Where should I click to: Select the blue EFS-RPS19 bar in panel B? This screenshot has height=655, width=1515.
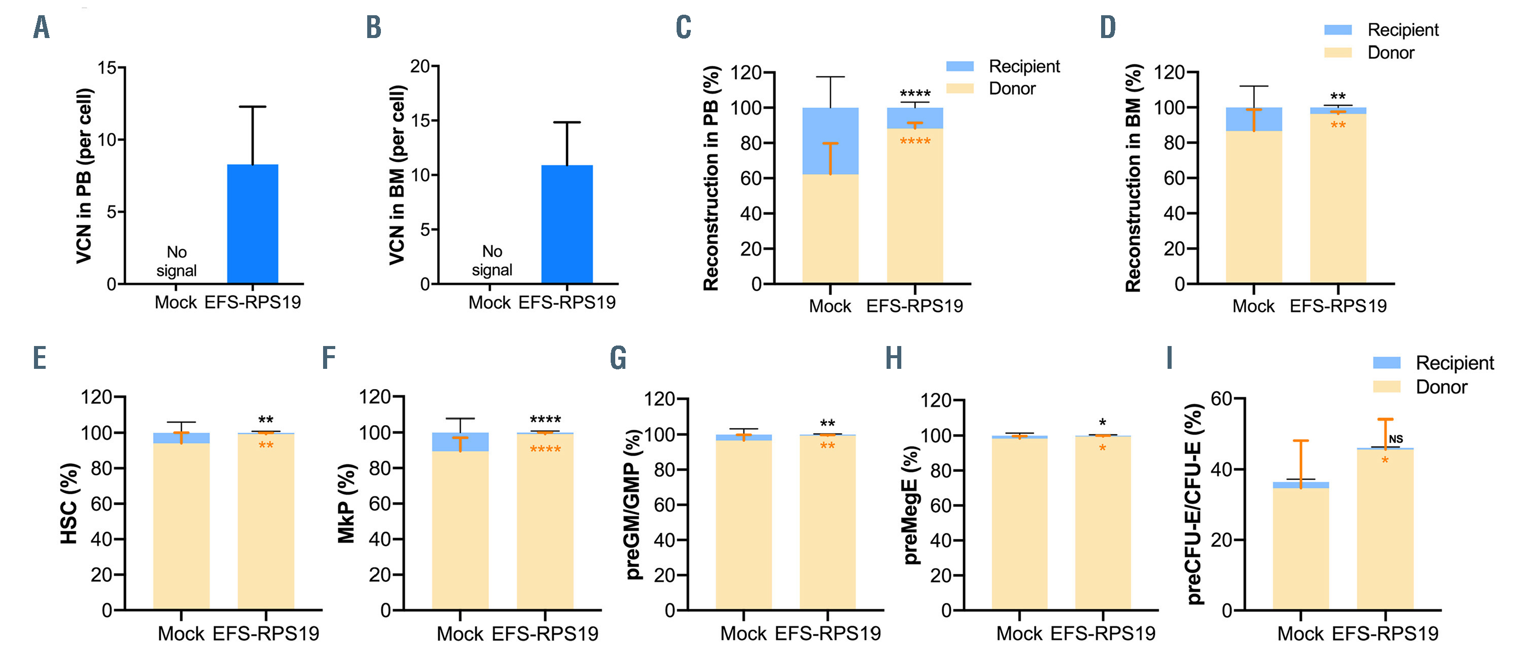(x=567, y=224)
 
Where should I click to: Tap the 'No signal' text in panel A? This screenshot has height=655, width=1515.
(x=177, y=261)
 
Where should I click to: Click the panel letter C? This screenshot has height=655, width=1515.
(x=683, y=28)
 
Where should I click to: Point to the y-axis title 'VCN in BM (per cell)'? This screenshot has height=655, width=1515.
(x=398, y=176)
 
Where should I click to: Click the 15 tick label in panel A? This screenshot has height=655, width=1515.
(x=107, y=68)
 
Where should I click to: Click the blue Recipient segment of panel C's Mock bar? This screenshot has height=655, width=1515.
(x=830, y=141)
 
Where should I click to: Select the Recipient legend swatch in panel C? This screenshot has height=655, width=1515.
(x=959, y=66)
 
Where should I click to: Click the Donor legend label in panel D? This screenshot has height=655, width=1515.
(x=1390, y=53)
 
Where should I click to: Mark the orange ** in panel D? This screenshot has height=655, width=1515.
(x=1338, y=125)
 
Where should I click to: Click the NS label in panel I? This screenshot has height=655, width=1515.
(x=1396, y=439)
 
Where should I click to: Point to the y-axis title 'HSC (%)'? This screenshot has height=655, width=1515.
(x=69, y=503)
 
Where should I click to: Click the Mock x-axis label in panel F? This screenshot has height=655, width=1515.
(x=460, y=634)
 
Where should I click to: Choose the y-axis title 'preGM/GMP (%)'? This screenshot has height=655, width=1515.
(x=634, y=504)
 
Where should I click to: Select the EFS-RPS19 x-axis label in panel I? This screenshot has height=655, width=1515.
(x=1385, y=634)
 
